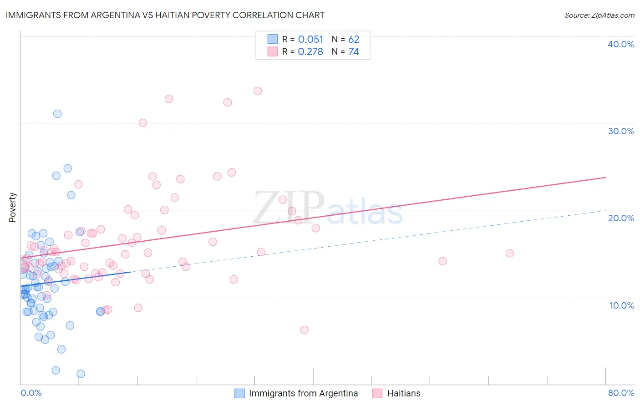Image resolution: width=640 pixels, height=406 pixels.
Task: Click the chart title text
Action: point(165,15)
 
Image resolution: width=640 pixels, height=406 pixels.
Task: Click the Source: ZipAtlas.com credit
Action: point(599,15)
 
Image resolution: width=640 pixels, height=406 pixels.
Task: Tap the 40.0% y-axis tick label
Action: point(621,44)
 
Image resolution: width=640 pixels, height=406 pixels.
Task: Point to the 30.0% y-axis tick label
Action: point(621,131)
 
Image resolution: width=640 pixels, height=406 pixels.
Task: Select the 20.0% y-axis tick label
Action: point(621,218)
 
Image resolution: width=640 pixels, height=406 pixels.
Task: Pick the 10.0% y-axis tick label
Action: point(621,305)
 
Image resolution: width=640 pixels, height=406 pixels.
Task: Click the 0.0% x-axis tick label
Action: point(31,393)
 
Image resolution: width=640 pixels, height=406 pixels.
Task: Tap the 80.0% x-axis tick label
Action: point(621,393)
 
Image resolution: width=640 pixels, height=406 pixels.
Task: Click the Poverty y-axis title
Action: point(12,208)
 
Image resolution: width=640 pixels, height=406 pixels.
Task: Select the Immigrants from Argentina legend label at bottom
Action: point(303,393)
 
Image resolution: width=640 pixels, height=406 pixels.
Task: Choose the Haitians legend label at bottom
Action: point(404,393)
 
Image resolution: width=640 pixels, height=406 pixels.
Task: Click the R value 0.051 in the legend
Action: point(310,40)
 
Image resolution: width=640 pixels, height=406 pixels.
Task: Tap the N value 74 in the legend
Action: point(354,52)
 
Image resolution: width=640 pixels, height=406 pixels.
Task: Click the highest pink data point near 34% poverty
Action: point(258,91)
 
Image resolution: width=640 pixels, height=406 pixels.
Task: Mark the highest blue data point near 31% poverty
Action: point(57,114)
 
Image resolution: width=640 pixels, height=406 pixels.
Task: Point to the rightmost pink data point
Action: point(510,253)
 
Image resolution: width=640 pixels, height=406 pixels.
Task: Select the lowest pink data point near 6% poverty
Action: point(305,330)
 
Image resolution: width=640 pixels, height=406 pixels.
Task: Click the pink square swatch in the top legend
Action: point(272,51)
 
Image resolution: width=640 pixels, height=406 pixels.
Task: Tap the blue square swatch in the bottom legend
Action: point(239,393)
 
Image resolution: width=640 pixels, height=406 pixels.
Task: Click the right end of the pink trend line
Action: point(606,177)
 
